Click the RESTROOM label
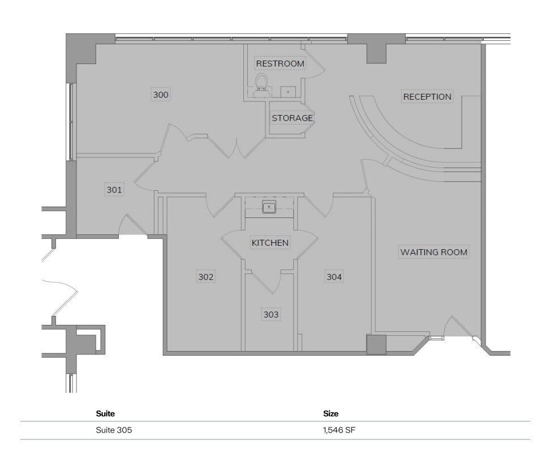pos(280,63)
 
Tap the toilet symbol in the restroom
pos(261,83)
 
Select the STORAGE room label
pos(292,118)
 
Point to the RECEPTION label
pos(427,97)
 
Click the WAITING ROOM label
pos(434,252)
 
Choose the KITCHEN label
pos(270,243)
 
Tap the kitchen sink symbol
pos(269,207)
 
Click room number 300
pos(161,95)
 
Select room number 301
pos(114,190)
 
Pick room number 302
pos(206,277)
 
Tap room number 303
pos(271,314)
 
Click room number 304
pos(334,277)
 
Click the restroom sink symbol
pos(289,91)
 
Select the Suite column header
pos(105,414)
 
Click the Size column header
pos(330,414)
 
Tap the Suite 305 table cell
pos(114,430)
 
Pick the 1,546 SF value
pos(340,430)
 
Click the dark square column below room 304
pos(376,345)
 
